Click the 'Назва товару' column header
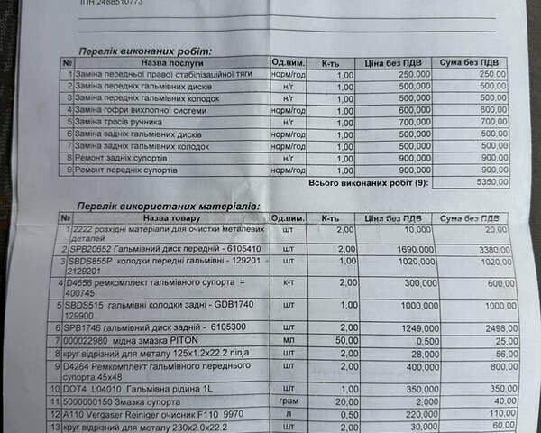168,218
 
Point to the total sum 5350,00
493,181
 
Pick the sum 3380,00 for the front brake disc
493,249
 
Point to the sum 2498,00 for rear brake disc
492,328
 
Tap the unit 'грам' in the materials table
288,400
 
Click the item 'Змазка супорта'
152,400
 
